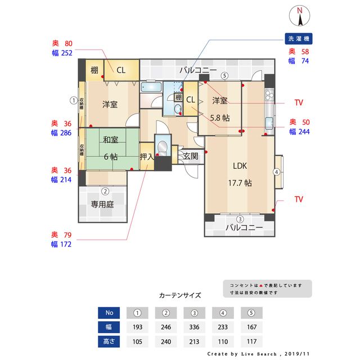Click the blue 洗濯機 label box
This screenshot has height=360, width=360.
(x=299, y=39)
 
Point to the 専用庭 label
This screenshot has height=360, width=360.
(x=102, y=205)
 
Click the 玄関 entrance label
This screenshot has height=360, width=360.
(x=190, y=156)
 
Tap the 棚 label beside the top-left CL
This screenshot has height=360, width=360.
(x=94, y=70)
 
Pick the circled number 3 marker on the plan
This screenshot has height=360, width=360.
(x=240, y=219)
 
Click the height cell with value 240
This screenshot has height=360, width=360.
(x=166, y=341)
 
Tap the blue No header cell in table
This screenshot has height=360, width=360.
(x=109, y=313)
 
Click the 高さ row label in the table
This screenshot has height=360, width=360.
(x=109, y=341)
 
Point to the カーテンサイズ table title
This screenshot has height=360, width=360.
(x=179, y=295)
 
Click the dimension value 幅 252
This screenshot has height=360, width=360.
(x=62, y=53)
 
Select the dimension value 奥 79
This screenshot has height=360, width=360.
(x=62, y=234)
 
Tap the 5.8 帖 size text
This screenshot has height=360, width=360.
(x=219, y=118)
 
